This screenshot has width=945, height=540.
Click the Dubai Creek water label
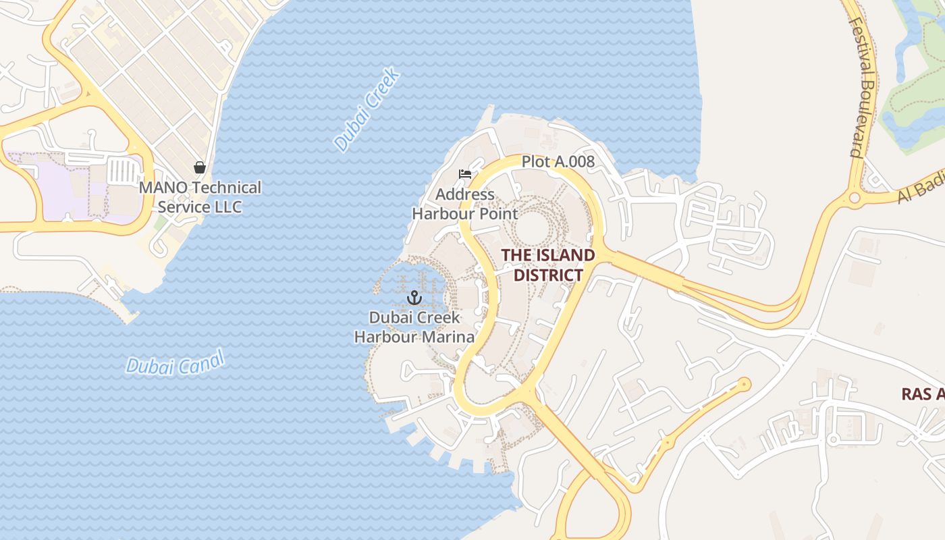(x=368, y=110)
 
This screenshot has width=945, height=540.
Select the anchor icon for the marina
(x=414, y=298)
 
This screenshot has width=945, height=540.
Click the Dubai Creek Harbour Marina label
(x=414, y=327)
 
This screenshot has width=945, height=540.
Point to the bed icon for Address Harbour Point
(x=464, y=174)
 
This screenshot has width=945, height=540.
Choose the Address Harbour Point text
(x=465, y=205)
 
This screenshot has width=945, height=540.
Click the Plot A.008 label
(x=558, y=161)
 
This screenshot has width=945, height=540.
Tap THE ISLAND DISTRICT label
(x=547, y=265)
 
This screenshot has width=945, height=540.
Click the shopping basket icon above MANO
(x=199, y=167)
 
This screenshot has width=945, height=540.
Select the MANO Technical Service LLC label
(x=200, y=197)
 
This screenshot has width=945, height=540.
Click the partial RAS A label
(x=922, y=394)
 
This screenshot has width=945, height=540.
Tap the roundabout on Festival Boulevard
(x=855, y=198)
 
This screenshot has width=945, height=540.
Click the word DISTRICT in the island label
(x=547, y=275)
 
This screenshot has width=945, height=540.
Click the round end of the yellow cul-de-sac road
(x=744, y=385)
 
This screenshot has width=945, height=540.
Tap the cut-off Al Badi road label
(x=921, y=190)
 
